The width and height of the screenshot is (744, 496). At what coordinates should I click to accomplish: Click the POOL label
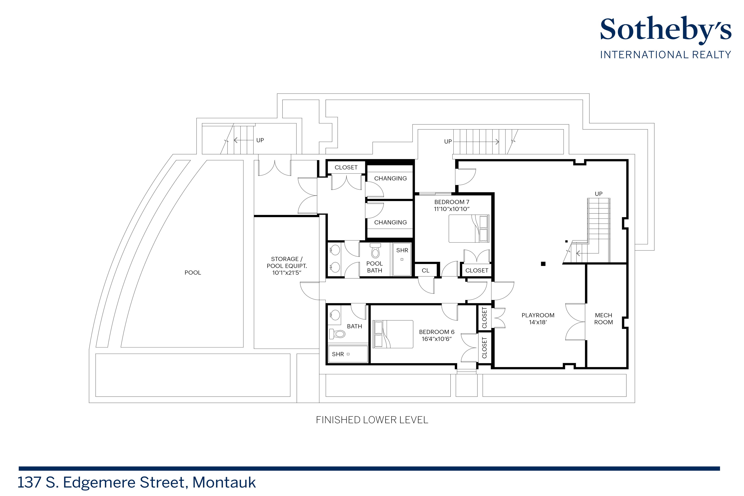coord(193,273)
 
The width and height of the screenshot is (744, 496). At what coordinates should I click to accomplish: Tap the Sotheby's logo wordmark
coord(665,30)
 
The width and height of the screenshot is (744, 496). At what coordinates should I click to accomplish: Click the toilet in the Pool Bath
coord(375,251)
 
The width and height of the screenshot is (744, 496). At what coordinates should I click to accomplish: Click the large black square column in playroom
coord(543,264)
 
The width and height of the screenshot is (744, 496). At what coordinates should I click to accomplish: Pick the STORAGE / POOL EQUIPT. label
coord(287,262)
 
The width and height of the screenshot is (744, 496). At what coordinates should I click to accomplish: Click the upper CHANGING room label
coord(390,178)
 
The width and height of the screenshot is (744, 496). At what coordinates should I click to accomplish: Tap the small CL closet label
coord(426,271)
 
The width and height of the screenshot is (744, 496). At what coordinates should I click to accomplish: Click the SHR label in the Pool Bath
coord(402,250)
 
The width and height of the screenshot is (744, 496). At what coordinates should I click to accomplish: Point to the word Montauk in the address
coord(224,482)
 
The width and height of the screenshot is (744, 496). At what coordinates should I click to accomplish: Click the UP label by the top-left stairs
coord(260,140)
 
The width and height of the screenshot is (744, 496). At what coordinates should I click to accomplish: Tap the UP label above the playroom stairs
coord(599,194)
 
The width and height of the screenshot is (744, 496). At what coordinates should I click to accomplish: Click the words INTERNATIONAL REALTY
coord(665,55)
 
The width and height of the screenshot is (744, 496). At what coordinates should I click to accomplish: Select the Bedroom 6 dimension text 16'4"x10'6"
coord(436,339)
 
